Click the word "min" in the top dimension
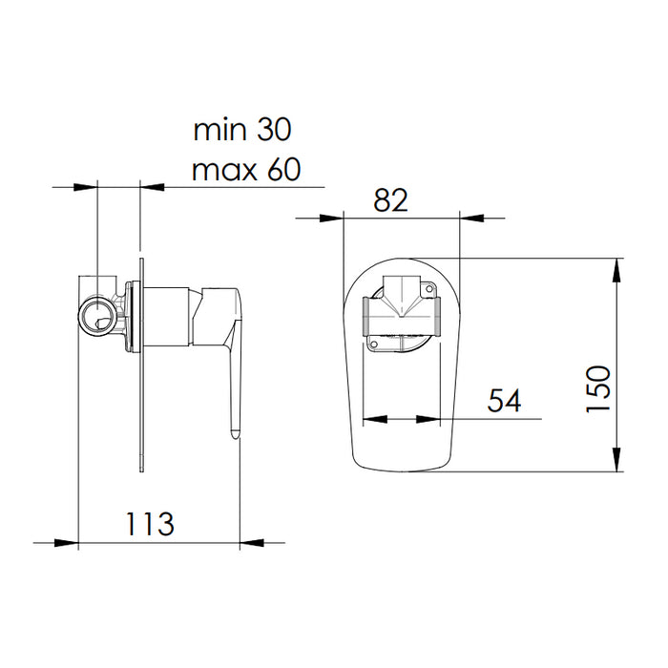219,128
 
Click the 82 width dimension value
390,199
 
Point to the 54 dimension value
504,401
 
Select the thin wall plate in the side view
141,363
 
